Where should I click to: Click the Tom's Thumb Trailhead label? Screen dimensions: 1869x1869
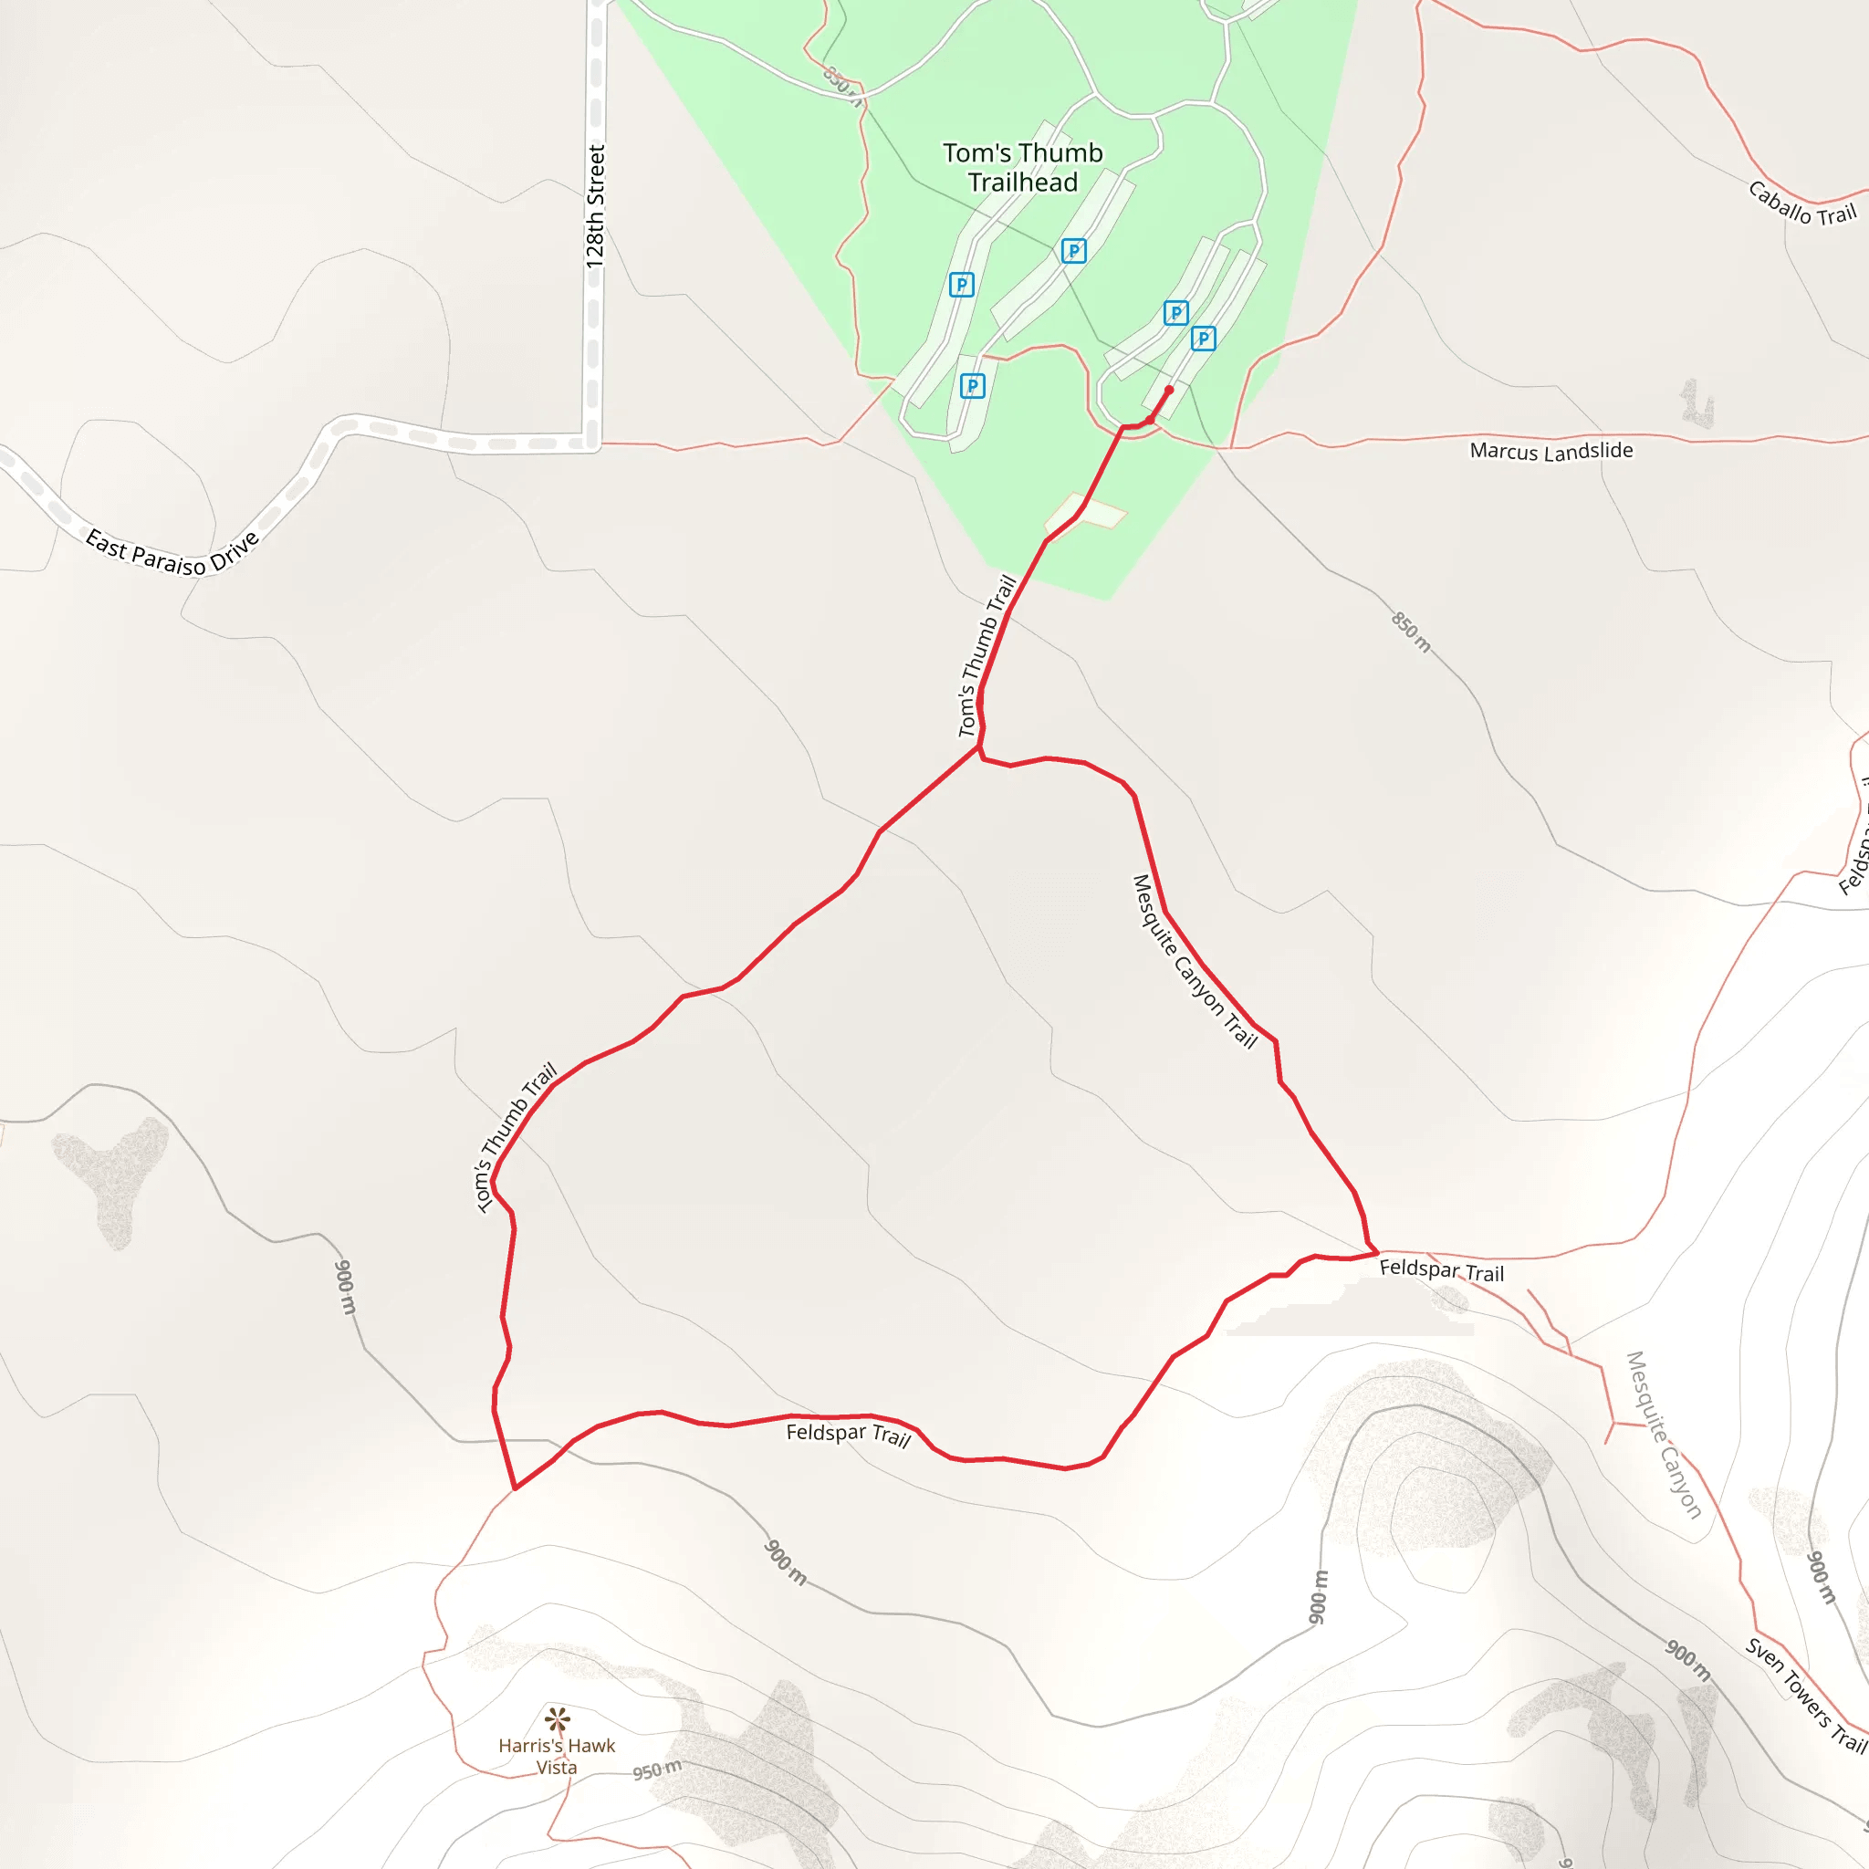point(1022,167)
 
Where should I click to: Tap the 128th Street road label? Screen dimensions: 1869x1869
point(595,206)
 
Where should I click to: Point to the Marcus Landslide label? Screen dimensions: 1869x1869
point(1551,451)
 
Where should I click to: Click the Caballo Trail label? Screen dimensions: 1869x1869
point(1801,204)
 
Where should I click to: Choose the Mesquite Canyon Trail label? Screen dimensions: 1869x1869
point(1194,962)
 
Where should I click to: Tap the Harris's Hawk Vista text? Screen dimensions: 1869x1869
point(557,1756)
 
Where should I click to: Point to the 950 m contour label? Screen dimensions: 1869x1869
point(657,1770)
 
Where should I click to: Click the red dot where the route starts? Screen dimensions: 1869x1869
point(1169,390)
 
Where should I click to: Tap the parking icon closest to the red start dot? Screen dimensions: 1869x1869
point(1203,339)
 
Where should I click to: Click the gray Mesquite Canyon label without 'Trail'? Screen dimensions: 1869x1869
point(1663,1435)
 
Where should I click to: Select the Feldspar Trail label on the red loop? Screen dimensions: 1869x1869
point(849,1435)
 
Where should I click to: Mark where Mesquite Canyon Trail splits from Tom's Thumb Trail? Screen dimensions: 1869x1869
point(979,747)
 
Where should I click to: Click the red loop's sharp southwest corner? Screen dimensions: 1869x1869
point(516,1488)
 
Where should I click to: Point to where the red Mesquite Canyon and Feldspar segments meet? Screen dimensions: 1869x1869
point(1376,1253)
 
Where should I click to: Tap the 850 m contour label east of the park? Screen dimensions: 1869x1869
point(1411,632)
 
